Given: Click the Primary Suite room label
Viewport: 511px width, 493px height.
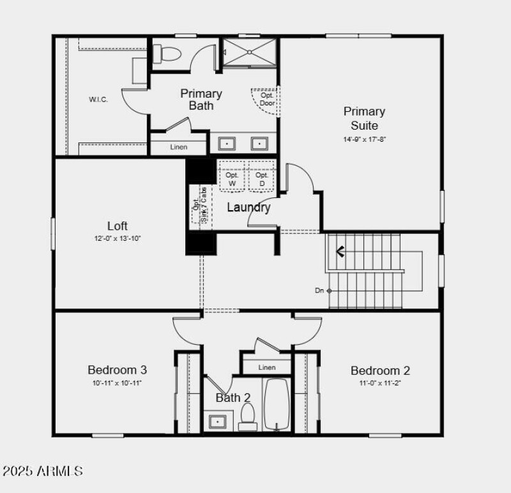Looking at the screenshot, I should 364,118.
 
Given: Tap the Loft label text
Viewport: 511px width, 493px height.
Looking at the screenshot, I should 118,225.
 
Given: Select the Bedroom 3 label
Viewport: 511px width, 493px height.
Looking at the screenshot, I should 118,370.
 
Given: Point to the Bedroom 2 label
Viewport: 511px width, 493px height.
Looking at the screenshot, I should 380,370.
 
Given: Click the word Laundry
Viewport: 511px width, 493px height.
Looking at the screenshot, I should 248,207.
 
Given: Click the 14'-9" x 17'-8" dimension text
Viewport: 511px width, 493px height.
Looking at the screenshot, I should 364,139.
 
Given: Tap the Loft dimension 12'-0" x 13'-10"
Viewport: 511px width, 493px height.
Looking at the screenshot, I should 118,238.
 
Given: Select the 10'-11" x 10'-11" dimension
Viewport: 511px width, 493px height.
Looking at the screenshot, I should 118,383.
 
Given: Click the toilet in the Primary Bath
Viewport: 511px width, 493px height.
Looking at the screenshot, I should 168,54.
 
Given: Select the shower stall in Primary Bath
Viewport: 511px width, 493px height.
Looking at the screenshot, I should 248,52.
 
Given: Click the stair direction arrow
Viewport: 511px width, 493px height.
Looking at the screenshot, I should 340,252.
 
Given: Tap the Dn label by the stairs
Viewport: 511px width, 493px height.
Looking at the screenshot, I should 319,291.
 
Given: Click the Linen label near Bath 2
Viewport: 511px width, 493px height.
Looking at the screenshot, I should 267,367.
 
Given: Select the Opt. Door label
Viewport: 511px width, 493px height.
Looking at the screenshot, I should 267,99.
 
